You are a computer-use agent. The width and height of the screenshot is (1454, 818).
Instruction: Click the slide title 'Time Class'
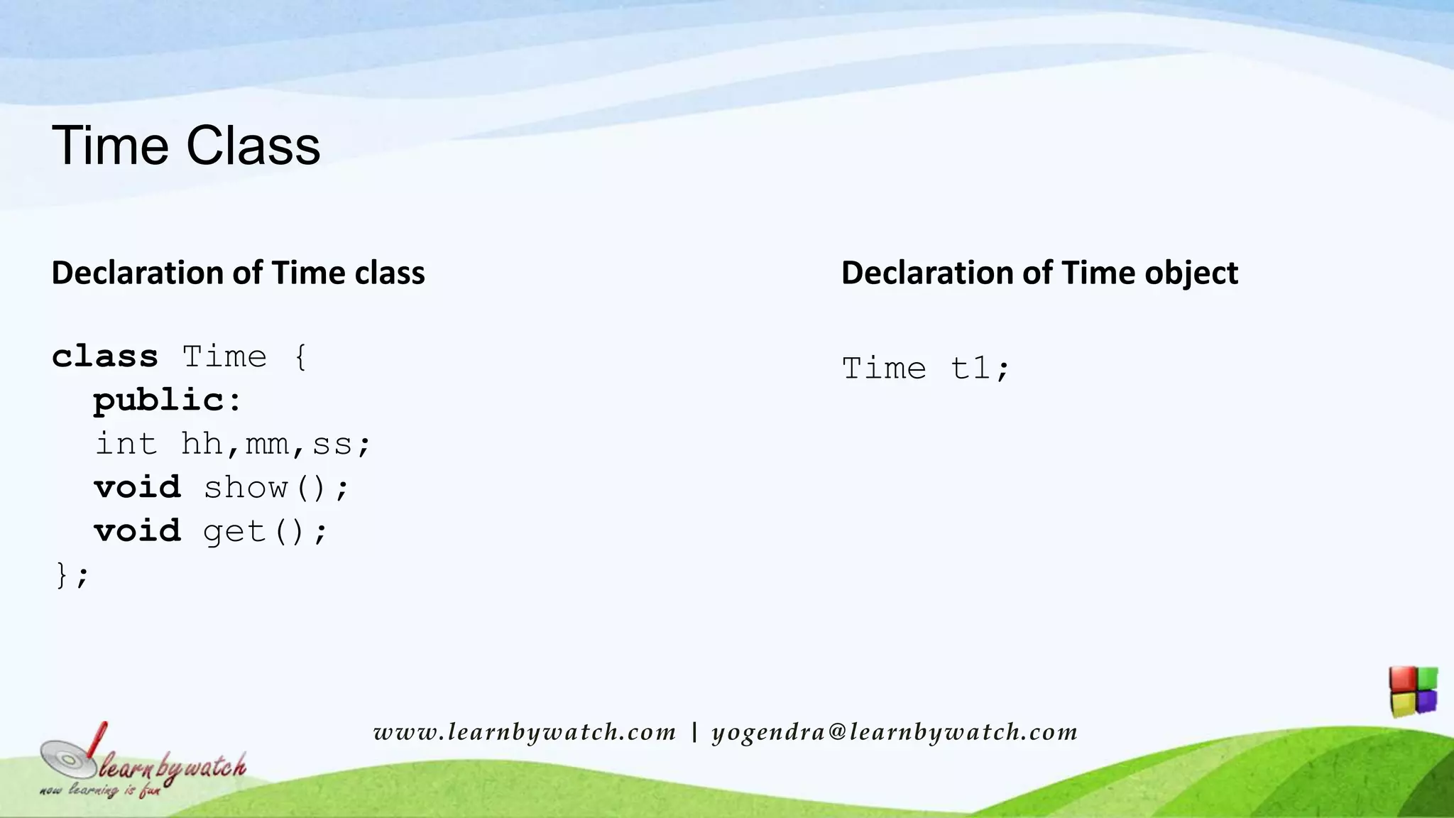pos(186,146)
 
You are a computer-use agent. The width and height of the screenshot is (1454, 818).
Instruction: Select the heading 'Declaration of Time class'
pos(238,273)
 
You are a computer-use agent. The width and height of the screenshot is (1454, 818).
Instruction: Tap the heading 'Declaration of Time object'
pos(1039,273)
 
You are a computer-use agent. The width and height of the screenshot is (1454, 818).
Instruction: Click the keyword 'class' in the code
pos(105,356)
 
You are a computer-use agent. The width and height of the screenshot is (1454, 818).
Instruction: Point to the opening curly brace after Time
pos(301,356)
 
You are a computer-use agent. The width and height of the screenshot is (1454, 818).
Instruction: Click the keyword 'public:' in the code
pos(168,400)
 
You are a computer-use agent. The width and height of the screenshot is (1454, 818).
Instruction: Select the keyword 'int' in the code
pos(126,445)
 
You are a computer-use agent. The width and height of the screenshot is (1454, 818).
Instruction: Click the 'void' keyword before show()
pos(138,488)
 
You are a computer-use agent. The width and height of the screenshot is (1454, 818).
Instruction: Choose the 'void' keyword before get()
pos(138,531)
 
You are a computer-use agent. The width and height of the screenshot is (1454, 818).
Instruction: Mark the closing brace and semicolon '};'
pos(72,575)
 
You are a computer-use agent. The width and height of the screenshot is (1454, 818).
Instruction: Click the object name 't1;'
pos(980,369)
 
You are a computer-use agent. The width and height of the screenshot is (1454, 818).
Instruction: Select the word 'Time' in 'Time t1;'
pos(885,369)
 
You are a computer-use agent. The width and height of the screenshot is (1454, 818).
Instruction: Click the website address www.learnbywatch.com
pos(525,732)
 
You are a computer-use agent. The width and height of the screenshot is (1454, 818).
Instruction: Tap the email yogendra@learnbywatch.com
pos(895,732)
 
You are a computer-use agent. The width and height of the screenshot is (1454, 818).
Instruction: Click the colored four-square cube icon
pos(1414,691)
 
